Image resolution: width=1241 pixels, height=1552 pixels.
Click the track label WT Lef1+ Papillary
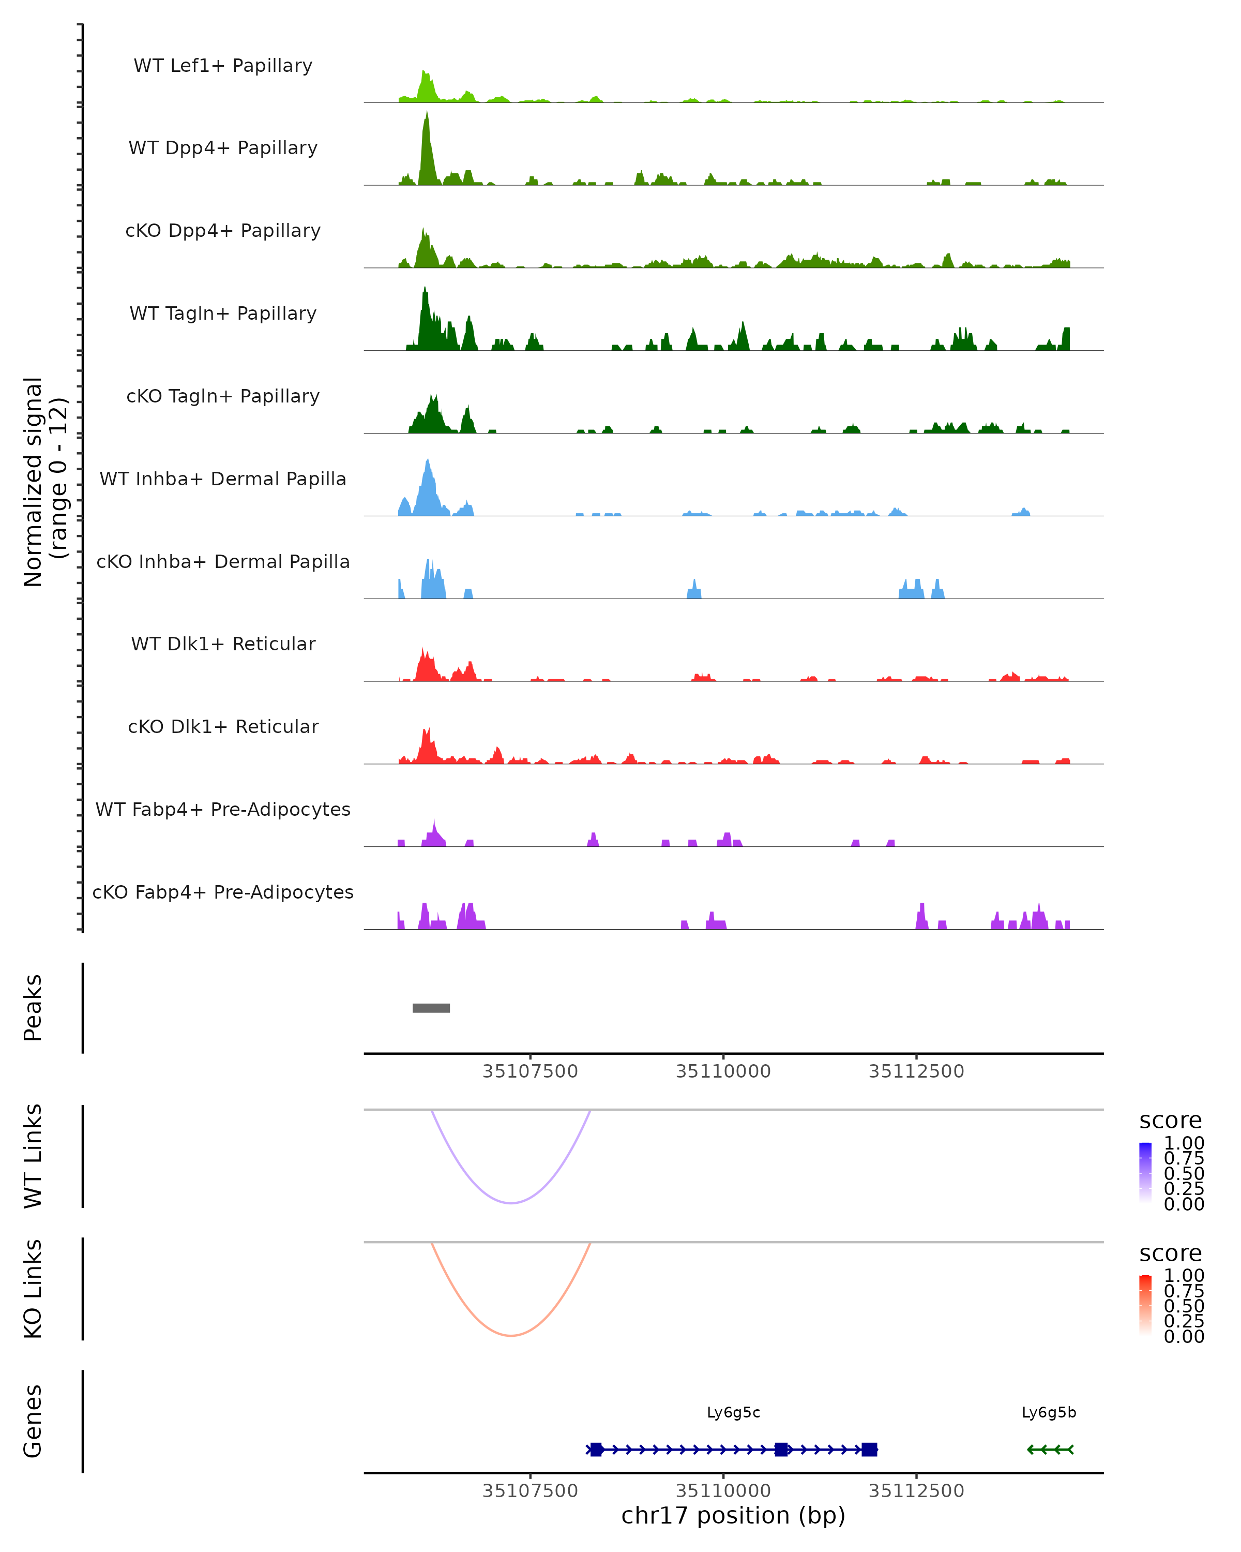(x=223, y=66)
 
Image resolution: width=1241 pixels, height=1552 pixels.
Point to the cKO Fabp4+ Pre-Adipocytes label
(x=223, y=892)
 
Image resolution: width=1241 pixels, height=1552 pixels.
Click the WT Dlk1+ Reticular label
(x=223, y=644)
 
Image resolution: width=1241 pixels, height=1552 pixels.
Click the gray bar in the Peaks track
(x=431, y=1008)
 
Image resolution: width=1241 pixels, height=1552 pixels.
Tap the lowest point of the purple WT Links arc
(x=511, y=1203)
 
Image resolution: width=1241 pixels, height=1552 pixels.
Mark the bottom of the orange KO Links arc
(x=511, y=1335)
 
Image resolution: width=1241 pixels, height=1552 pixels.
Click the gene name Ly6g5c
(x=733, y=1412)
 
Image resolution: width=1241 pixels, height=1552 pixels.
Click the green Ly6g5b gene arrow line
(x=1050, y=1449)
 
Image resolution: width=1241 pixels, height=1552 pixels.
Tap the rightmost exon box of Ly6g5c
(x=869, y=1449)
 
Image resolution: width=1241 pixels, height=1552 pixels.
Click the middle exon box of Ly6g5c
(x=781, y=1449)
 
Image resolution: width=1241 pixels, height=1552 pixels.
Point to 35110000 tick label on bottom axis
(x=723, y=1490)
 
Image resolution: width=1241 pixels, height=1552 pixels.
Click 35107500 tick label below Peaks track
(x=530, y=1071)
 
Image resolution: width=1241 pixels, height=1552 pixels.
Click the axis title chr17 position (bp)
(x=733, y=1516)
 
